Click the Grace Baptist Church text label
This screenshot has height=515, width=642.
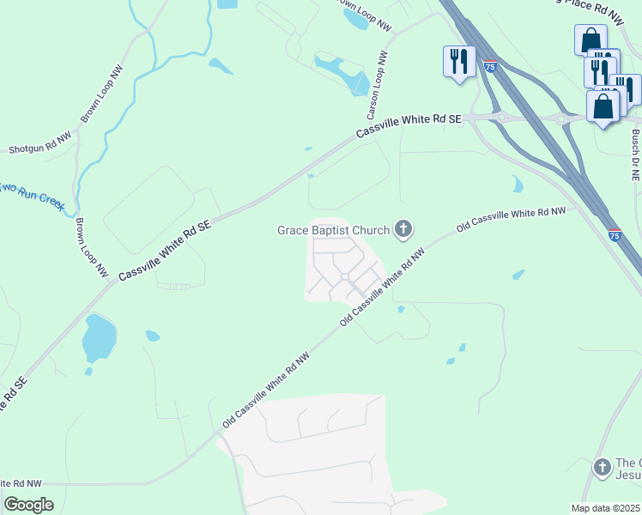click(x=334, y=230)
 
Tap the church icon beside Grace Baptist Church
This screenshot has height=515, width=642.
click(x=403, y=229)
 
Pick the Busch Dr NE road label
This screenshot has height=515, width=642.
click(x=635, y=154)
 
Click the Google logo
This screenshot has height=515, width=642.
click(x=28, y=505)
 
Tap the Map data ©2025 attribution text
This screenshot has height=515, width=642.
click(x=606, y=508)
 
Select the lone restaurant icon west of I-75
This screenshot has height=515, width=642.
click(x=458, y=61)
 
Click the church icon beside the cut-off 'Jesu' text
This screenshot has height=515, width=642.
click(x=603, y=468)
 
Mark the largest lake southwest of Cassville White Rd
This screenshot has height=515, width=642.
click(x=99, y=337)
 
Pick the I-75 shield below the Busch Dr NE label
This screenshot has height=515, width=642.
click(x=615, y=233)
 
